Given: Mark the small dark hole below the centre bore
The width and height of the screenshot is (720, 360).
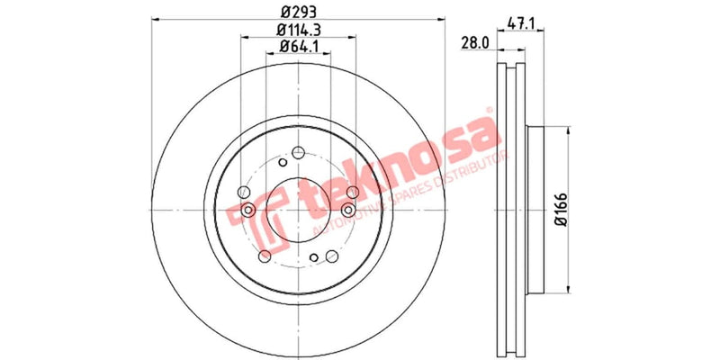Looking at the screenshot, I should [x=313, y=259].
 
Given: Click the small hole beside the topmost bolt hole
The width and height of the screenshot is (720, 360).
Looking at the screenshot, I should [x=283, y=164].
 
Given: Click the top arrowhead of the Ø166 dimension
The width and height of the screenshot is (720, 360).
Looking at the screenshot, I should [x=568, y=130].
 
